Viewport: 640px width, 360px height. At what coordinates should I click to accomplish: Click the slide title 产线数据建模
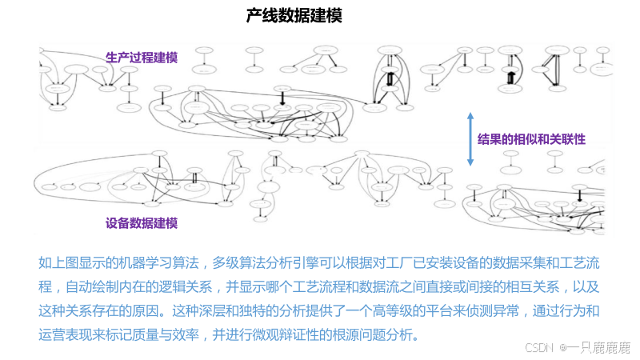[x=294, y=16]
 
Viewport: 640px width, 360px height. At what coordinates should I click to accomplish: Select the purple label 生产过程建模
[x=142, y=58]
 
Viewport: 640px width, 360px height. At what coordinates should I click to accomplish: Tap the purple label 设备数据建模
[x=142, y=223]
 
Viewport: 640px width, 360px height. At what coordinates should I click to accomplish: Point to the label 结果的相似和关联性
[x=531, y=138]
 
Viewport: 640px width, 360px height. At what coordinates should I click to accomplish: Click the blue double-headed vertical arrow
[x=470, y=139]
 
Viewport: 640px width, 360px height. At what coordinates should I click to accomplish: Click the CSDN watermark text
[x=540, y=347]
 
